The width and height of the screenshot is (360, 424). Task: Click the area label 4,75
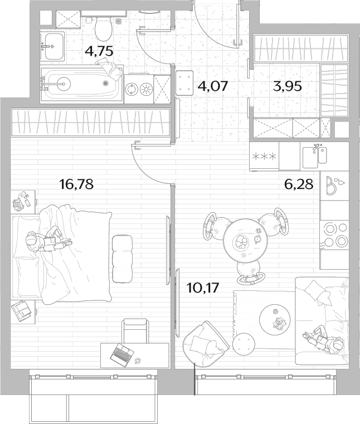tap(99, 51)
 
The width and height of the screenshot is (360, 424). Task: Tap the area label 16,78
tap(76, 184)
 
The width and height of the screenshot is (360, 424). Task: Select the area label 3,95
tap(287, 86)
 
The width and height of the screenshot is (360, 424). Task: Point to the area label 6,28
tap(299, 184)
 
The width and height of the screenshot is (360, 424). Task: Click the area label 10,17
tap(203, 288)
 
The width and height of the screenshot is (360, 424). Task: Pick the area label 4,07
tap(213, 86)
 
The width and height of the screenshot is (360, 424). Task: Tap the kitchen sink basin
tap(310, 157)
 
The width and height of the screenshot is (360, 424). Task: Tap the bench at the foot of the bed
tap(122, 259)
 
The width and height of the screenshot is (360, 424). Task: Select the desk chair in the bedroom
tap(135, 331)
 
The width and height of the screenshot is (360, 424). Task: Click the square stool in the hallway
tap(184, 83)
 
